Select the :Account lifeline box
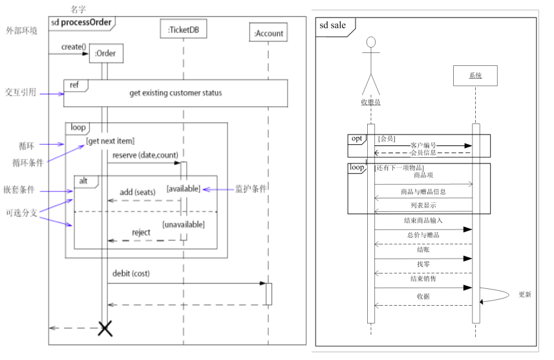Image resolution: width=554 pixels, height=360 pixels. (x=268, y=33)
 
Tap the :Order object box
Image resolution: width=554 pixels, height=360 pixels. (x=105, y=54)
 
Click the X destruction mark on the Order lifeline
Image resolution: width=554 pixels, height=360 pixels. (x=105, y=328)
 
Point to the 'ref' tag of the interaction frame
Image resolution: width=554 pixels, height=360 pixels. (x=74, y=85)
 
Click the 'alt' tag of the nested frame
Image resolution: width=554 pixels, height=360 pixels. (x=84, y=181)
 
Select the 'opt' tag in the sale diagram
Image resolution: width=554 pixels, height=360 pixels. (x=356, y=139)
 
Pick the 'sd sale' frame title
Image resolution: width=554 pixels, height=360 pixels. (x=333, y=25)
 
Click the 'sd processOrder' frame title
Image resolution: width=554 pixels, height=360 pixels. (x=82, y=23)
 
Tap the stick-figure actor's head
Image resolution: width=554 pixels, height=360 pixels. (x=370, y=43)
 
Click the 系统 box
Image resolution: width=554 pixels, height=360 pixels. (x=474, y=76)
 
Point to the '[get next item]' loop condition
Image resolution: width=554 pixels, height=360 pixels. (x=110, y=140)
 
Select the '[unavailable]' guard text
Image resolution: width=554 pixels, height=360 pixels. (x=184, y=224)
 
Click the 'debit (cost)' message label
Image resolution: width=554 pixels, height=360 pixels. (x=131, y=273)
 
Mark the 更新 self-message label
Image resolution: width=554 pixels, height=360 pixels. (x=525, y=295)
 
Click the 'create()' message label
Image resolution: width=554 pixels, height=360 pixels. (x=74, y=47)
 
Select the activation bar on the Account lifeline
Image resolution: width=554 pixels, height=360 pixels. (x=268, y=294)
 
